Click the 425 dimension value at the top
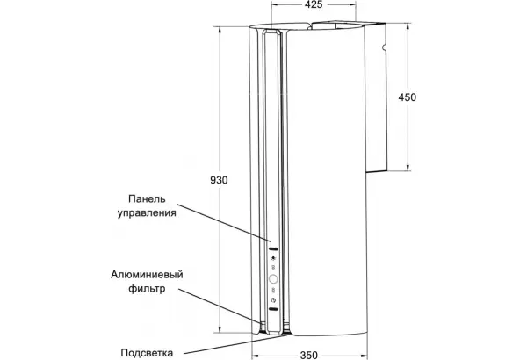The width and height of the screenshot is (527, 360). pyautogui.click(x=314, y=4)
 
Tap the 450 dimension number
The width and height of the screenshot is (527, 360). pyautogui.click(x=408, y=97)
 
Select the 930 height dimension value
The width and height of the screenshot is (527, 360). pyautogui.click(x=219, y=180)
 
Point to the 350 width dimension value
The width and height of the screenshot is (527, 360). pyautogui.click(x=308, y=355)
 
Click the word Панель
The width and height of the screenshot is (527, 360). pyautogui.click(x=147, y=199)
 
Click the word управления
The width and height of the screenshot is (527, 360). pyautogui.click(x=147, y=213)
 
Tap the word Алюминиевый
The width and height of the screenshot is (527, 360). pyautogui.click(x=147, y=275)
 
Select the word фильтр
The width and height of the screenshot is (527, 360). pyautogui.click(x=147, y=288)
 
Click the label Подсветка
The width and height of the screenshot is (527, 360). pyautogui.click(x=147, y=353)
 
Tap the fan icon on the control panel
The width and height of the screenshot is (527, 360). pyautogui.click(x=273, y=258)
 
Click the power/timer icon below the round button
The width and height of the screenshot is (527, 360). pyautogui.click(x=273, y=299)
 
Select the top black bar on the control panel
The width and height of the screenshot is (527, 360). pyautogui.click(x=273, y=249)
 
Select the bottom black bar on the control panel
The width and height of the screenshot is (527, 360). pyautogui.click(x=273, y=309)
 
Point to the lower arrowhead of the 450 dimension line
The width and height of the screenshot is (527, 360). pyautogui.click(x=408, y=168)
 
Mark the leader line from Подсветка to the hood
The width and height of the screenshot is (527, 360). pyautogui.click(x=234, y=344)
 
